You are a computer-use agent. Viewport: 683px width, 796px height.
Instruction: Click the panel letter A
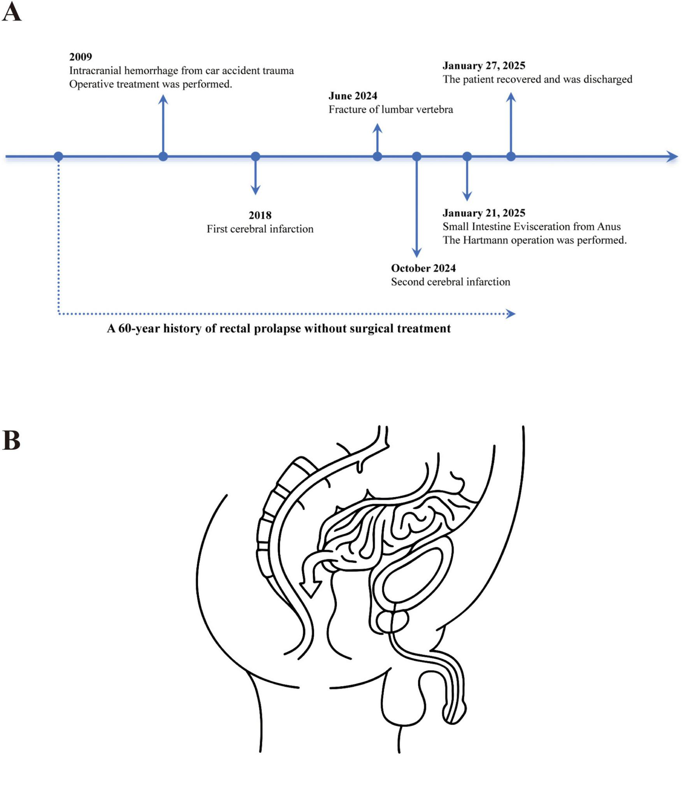click(11, 12)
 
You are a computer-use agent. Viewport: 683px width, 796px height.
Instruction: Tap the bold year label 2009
click(81, 57)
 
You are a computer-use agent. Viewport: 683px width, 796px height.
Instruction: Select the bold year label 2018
click(260, 215)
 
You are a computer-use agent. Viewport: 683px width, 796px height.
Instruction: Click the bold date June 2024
click(353, 96)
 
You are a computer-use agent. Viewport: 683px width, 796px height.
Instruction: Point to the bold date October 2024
click(423, 268)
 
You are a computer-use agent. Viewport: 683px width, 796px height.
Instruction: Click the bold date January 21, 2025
click(484, 213)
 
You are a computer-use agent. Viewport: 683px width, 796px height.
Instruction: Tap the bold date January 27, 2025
click(484, 65)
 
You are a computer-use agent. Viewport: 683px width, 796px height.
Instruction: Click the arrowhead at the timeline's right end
click(672, 156)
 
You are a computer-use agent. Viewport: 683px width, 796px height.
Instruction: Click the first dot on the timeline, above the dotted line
click(58, 156)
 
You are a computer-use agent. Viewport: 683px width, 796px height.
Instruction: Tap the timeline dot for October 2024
click(416, 156)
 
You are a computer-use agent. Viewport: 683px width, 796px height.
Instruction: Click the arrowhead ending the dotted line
click(510, 314)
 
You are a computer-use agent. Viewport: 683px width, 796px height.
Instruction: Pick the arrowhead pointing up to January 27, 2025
click(511, 97)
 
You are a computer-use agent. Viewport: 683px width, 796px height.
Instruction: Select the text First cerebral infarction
click(260, 229)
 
